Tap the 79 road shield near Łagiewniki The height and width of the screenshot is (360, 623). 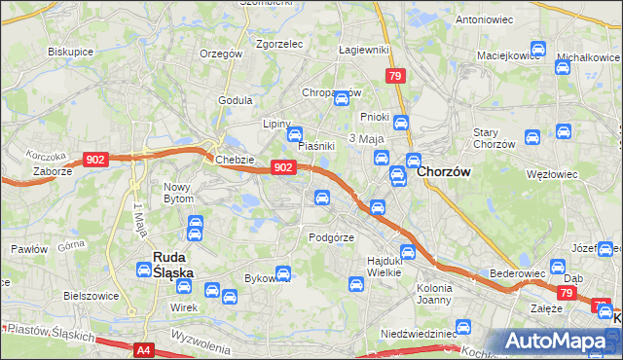(x=395, y=76)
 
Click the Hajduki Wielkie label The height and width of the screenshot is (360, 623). (x=390, y=266)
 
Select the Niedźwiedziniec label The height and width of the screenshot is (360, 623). (x=419, y=333)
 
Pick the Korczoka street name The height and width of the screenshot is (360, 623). (x=46, y=156)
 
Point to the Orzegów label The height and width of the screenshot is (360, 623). (x=221, y=54)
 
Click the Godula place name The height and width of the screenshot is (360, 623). (x=236, y=99)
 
